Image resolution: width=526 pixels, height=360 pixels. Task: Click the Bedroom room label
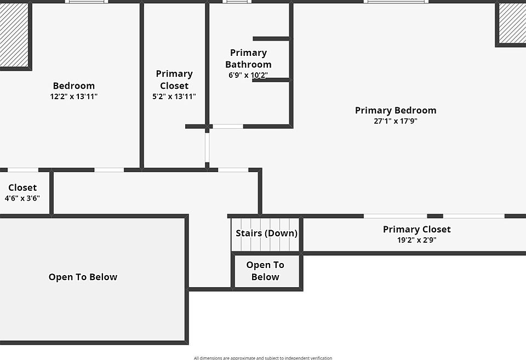click(x=73, y=85)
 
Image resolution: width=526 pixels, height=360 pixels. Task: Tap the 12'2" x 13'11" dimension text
click(x=73, y=96)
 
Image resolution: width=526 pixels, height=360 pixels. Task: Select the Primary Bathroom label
click(x=248, y=59)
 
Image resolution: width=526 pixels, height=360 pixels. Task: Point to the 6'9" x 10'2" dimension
click(x=248, y=75)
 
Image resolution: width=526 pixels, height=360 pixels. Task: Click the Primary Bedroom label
click(x=395, y=110)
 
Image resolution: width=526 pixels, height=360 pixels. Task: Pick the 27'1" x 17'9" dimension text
click(x=395, y=121)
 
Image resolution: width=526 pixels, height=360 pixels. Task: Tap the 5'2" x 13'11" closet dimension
click(x=174, y=96)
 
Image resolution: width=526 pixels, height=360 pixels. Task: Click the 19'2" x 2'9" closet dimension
click(x=416, y=240)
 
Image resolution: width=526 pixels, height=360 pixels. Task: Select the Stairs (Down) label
click(x=266, y=233)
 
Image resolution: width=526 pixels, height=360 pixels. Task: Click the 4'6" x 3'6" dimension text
click(x=22, y=198)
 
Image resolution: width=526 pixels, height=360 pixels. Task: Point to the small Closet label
click(x=22, y=187)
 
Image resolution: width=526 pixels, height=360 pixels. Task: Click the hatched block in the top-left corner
click(x=13, y=35)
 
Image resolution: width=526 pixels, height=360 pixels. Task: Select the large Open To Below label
click(x=83, y=277)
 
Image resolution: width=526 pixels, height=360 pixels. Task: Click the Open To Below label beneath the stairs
click(x=265, y=271)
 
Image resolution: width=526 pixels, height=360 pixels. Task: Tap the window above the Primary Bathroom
click(x=237, y=2)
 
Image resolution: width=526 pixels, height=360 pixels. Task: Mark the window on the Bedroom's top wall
click(x=86, y=2)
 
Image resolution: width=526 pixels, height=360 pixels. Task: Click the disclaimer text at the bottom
click(x=262, y=358)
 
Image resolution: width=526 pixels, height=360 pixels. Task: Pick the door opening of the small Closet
click(x=23, y=170)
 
